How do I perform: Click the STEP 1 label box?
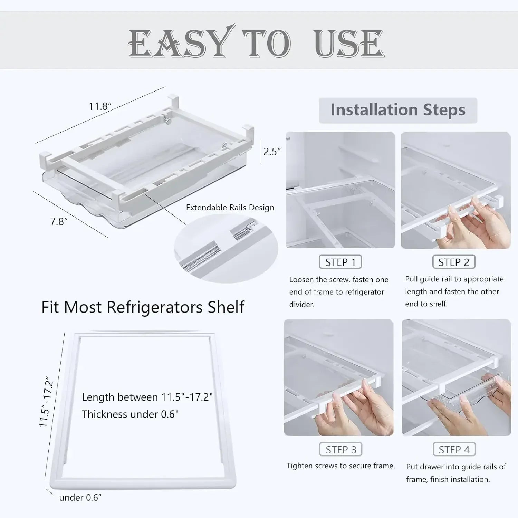tap(340, 262)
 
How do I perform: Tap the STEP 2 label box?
tap(454, 262)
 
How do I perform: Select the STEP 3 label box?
tap(340, 450)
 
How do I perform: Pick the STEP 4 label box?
tap(454, 450)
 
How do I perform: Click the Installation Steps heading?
tap(398, 110)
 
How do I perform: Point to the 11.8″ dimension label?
tap(100, 106)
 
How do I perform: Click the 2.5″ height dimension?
tap(272, 152)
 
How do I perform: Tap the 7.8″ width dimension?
tap(59, 221)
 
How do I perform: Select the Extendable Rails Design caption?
tap(230, 208)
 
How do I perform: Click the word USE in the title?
tap(349, 44)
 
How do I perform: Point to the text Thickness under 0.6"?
tap(130, 414)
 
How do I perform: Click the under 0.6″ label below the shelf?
tap(80, 498)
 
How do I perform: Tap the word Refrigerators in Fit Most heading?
tap(154, 307)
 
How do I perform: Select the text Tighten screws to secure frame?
tap(340, 466)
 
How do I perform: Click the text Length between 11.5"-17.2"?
tap(147, 397)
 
